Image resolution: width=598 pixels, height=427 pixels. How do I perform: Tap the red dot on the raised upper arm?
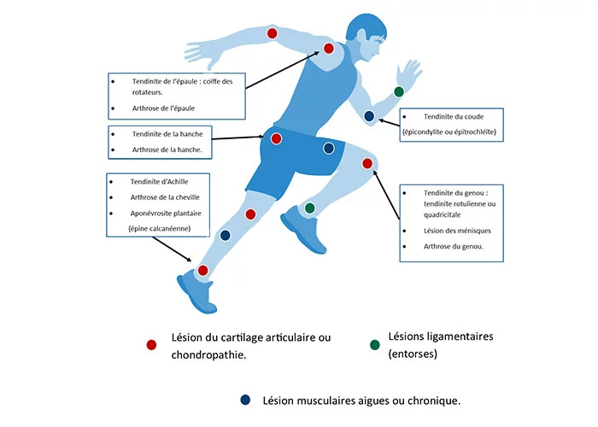pyautogui.click(x=272, y=33)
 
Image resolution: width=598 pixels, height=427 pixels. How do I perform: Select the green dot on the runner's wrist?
pyautogui.click(x=398, y=91)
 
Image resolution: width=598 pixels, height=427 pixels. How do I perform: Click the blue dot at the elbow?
pyautogui.click(x=369, y=115)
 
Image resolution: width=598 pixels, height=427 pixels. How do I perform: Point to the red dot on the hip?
pyautogui.click(x=276, y=138)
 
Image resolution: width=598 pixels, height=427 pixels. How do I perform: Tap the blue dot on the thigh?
pyautogui.click(x=328, y=149)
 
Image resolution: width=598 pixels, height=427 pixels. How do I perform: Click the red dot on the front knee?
pyautogui.click(x=366, y=163)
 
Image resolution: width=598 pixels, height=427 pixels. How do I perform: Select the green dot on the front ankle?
pyautogui.click(x=309, y=208)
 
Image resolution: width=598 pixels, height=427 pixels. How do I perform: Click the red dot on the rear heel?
pyautogui.click(x=202, y=271)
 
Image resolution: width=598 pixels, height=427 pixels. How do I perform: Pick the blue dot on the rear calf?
pyautogui.click(x=226, y=235)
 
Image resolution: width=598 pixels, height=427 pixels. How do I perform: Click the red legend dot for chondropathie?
pyautogui.click(x=151, y=345)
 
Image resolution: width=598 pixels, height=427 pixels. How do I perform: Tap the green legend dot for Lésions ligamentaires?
pyautogui.click(x=373, y=345)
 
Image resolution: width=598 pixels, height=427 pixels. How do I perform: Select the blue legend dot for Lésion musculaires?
pyautogui.click(x=246, y=400)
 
